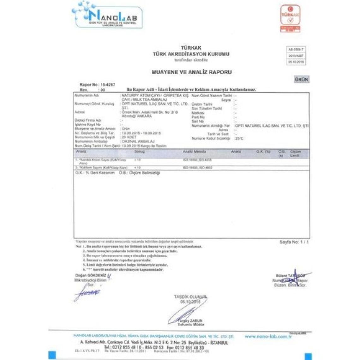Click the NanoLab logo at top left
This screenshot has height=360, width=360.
tap(107, 16)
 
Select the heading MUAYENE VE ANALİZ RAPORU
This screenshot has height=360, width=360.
tap(192, 72)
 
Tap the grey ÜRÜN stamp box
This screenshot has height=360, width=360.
tap(301, 79)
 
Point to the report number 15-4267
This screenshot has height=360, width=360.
tap(108, 85)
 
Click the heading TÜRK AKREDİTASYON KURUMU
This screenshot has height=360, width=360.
tap(191, 54)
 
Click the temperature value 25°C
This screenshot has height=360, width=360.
tap(239, 138)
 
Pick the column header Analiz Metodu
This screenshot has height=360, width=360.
tap(194, 152)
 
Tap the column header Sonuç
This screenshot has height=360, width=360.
tap(140, 152)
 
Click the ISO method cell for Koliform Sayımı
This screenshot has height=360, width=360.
tap(197, 168)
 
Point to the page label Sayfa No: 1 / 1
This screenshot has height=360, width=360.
tap(294, 242)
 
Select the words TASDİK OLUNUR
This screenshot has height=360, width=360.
tap(190, 297)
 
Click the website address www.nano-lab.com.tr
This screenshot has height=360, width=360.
tap(268, 337)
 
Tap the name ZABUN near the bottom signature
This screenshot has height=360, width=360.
tap(196, 321)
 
